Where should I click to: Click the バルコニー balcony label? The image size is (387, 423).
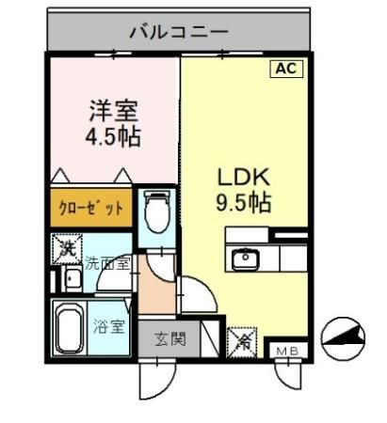coord(178,32)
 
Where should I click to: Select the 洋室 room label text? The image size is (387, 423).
coord(113,109)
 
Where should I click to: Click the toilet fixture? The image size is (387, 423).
coord(156,211)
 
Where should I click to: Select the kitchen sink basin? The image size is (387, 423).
coord(247,257)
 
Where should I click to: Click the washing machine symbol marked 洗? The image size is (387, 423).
coord(66,249)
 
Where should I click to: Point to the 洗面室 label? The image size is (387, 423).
coord(108,264)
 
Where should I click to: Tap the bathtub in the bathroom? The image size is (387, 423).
coord(69,328)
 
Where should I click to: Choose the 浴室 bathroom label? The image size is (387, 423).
coord(108,327)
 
